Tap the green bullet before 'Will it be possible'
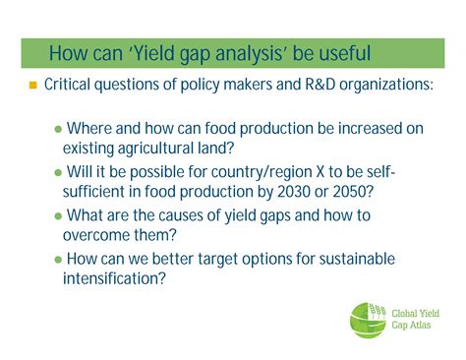point(57,173)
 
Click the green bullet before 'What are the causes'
point(57,215)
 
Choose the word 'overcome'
point(97,234)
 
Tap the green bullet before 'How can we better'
point(57,259)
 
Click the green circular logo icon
point(370,321)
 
